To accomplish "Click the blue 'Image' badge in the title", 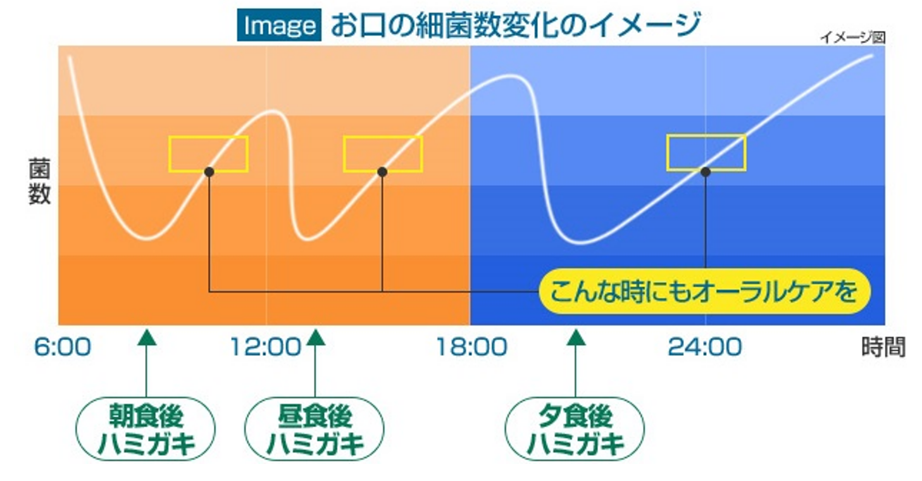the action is pyautogui.click(x=279, y=25).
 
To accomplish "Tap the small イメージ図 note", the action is pyautogui.click(x=853, y=37).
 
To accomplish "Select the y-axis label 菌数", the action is pyautogui.click(x=39, y=181).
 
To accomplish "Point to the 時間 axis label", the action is pyautogui.click(x=883, y=347).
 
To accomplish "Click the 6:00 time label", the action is pyautogui.click(x=63, y=347).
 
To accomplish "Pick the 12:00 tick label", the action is pyautogui.click(x=266, y=347).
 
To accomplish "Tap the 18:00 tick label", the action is pyautogui.click(x=471, y=347).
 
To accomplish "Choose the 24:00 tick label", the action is pyautogui.click(x=705, y=347).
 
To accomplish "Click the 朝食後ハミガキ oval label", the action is pyautogui.click(x=146, y=429).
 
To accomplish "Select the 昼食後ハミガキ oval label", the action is pyautogui.click(x=315, y=429).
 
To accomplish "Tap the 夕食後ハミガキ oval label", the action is pyautogui.click(x=575, y=429).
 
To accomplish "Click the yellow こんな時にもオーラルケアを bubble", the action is pyautogui.click(x=705, y=291).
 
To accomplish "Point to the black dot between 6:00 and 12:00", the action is pyautogui.click(x=209, y=172).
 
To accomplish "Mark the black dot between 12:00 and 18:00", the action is pyautogui.click(x=382, y=172).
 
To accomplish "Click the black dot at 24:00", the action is pyautogui.click(x=706, y=172).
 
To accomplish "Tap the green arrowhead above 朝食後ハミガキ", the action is pyautogui.click(x=147, y=338).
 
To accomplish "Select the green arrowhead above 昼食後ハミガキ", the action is pyautogui.click(x=316, y=338).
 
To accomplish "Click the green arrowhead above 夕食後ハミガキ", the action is pyautogui.click(x=576, y=338).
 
